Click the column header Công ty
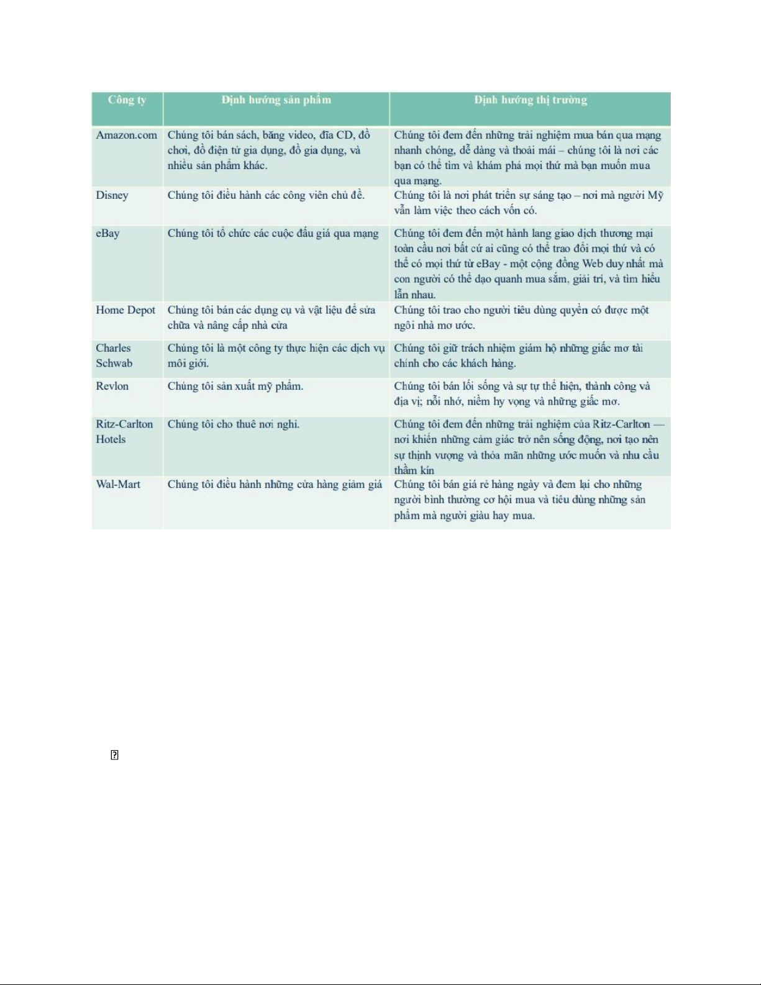click(x=127, y=100)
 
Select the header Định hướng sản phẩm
click(x=276, y=100)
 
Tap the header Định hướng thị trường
click(x=530, y=100)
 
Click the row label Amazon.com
click(x=126, y=135)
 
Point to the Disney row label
click(x=112, y=195)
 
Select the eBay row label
click(x=107, y=234)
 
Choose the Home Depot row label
click(x=125, y=310)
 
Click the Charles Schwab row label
click(x=114, y=355)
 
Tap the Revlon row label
click(x=112, y=386)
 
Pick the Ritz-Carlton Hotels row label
click(x=124, y=431)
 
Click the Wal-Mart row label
click(x=118, y=484)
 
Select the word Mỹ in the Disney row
click(x=655, y=195)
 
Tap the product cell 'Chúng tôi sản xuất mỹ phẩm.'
click(x=235, y=387)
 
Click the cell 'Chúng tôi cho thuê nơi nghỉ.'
click(x=233, y=424)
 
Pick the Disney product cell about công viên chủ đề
click(x=266, y=195)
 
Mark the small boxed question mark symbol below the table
click(x=114, y=755)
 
